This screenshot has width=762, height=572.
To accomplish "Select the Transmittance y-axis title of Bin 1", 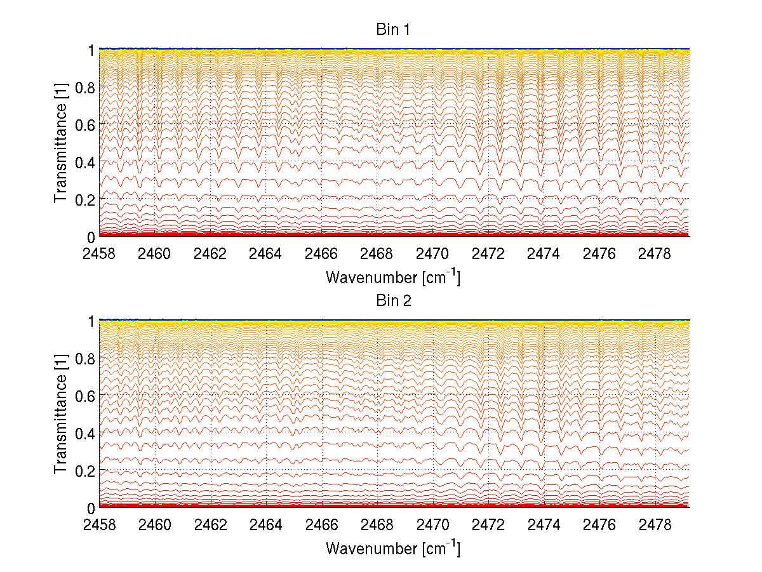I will [x=61, y=142].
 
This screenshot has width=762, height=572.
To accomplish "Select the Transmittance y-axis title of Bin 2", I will [x=61, y=414].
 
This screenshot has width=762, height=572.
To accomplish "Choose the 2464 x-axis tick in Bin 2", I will [x=266, y=526].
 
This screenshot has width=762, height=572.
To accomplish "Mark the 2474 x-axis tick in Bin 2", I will [x=544, y=526].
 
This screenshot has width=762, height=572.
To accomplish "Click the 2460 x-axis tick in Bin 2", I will [x=155, y=526].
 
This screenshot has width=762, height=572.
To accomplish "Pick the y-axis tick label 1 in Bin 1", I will [x=91, y=50].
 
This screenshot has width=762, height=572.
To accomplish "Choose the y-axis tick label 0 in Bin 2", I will [x=91, y=508].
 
